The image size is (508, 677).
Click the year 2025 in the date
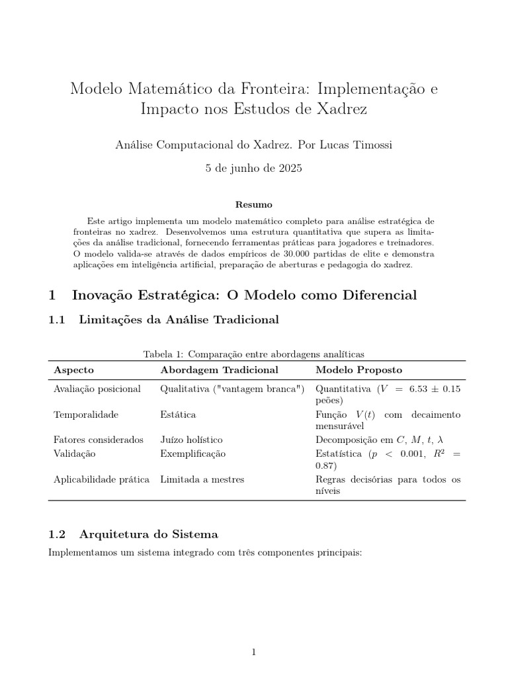[290, 169]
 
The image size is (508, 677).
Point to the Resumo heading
[253, 205]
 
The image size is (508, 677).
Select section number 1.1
[58, 320]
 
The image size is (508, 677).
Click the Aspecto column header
[73, 370]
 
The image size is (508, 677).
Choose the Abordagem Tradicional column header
[219, 370]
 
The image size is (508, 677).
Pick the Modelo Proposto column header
[359, 370]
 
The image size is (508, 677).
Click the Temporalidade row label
[86, 415]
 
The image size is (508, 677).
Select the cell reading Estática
[178, 415]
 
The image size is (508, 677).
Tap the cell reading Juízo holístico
[191, 440]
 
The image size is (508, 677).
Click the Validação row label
[75, 454]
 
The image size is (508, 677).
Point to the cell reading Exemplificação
[193, 454]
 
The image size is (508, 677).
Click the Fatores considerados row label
[99, 440]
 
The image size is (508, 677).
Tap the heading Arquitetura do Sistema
[149, 534]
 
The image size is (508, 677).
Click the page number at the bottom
[254, 653]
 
